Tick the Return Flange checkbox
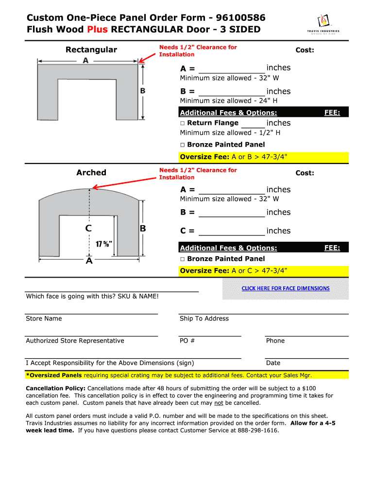[x=183, y=123]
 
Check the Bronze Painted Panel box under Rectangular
[x=183, y=145]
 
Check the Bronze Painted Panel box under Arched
[x=183, y=259]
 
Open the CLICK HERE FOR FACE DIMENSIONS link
[x=286, y=288]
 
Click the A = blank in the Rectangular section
[x=232, y=68]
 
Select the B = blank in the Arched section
[x=232, y=213]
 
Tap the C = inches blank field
[x=232, y=232]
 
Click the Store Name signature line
[x=91, y=314]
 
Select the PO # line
[x=210, y=335]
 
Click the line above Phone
[x=306, y=335]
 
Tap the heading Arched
[x=91, y=172]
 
